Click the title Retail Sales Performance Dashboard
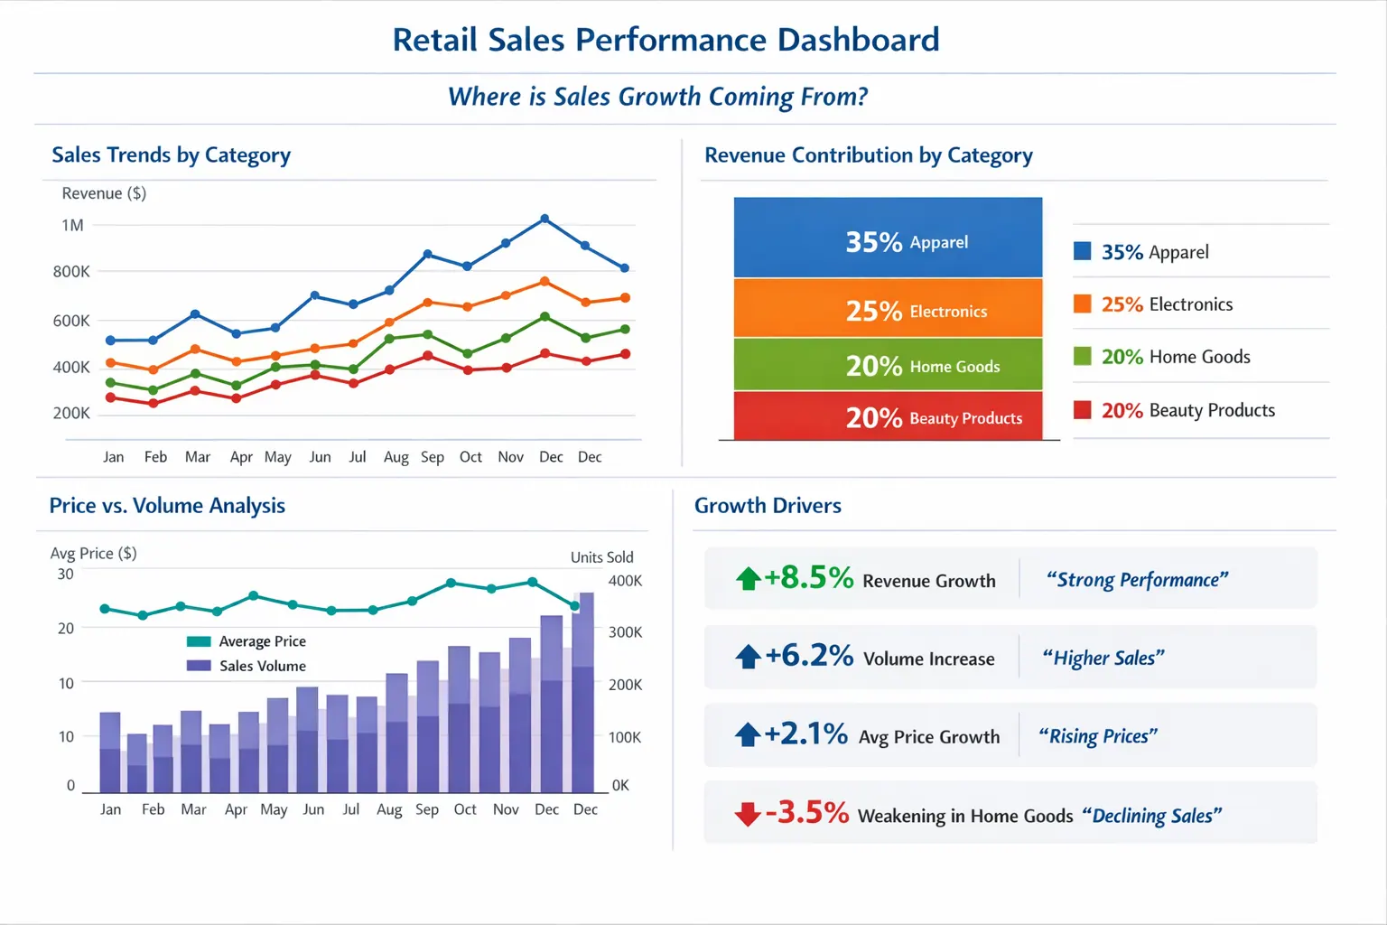point(666,40)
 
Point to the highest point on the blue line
point(545,219)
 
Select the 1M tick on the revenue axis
point(72,225)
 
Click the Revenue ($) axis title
point(104,193)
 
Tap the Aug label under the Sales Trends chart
point(396,457)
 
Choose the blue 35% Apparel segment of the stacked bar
point(888,238)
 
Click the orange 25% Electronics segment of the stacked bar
point(888,309)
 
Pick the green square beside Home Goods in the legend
point(1082,356)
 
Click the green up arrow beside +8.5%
point(748,578)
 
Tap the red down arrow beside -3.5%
point(748,814)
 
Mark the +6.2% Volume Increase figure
point(808,656)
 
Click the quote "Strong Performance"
point(1137,580)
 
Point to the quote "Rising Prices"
point(1097,736)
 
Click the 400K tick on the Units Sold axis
point(625,581)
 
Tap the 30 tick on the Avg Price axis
point(66,574)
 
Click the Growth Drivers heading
point(768,506)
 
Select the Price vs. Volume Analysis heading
point(167,506)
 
